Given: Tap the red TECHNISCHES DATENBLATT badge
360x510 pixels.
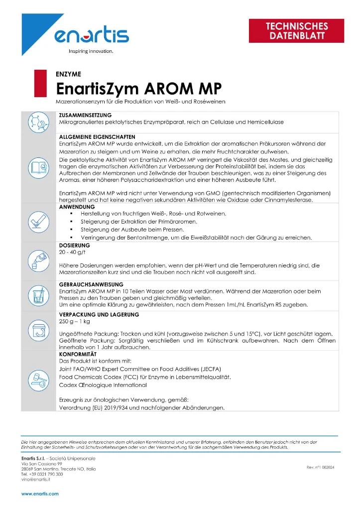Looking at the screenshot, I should point(296,31).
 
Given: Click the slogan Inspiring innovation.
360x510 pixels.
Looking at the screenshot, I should point(91,51).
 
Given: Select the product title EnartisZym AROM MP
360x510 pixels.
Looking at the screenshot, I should point(138,89).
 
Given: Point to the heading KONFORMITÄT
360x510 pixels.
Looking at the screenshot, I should point(78,354).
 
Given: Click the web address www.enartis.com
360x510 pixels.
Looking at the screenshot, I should point(40,494).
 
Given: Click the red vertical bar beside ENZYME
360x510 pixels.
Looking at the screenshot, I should point(36,83).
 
